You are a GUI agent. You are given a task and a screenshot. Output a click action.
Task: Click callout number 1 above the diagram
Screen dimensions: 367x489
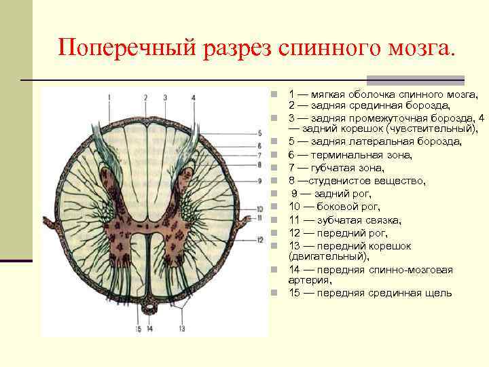tap(109, 98)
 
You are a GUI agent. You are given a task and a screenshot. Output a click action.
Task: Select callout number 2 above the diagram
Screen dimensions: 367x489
tap(145, 98)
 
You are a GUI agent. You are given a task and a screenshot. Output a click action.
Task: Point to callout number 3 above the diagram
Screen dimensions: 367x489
tap(165, 98)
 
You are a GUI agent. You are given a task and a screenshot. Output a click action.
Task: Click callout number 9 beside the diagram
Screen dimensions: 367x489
tap(260, 181)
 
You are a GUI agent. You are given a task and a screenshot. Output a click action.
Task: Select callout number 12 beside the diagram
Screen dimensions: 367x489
tap(260, 240)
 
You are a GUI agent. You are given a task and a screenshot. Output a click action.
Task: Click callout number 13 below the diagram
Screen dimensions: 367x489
tap(182, 329)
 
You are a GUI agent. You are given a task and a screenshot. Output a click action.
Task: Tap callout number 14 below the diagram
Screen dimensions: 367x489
tap(149, 329)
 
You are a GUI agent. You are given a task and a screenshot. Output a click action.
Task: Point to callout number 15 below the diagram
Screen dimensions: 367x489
tap(138, 329)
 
